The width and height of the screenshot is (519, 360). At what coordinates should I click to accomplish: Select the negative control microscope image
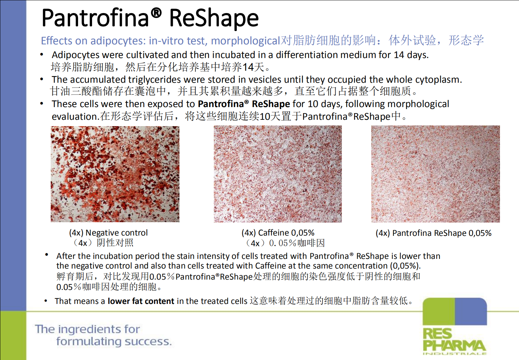tap(115, 174)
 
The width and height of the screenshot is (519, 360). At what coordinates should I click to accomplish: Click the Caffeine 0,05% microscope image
tap(278, 174)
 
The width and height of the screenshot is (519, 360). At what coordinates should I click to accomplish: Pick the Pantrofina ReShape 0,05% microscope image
tap(435, 174)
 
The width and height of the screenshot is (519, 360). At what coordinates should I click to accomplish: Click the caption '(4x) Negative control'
tap(108, 233)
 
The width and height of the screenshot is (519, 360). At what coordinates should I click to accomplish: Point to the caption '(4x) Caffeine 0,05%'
tap(278, 233)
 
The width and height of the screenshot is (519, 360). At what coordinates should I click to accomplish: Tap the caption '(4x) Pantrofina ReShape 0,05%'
tap(433, 233)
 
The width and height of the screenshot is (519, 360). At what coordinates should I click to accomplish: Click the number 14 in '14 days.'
tap(399, 55)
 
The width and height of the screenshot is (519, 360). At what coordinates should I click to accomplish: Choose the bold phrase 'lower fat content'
tap(141, 301)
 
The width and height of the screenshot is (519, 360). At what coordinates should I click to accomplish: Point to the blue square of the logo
tap(471, 311)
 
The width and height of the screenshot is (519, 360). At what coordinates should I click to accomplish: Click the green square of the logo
tap(439, 311)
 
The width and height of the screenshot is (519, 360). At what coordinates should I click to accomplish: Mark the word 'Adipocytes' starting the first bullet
tap(75, 55)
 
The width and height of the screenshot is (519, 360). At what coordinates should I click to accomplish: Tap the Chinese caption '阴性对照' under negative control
tap(115, 243)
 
